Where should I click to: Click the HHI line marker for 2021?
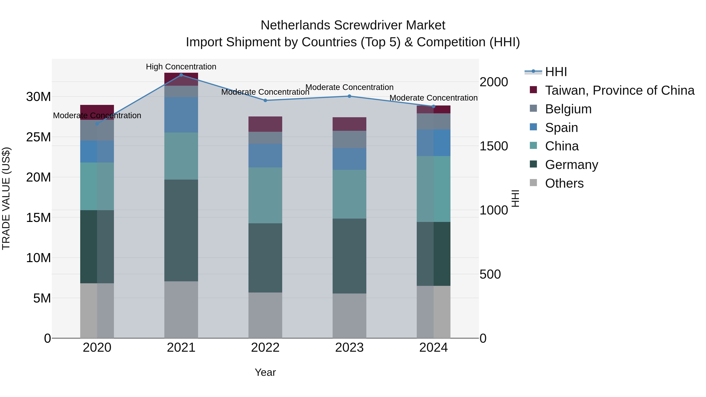181,75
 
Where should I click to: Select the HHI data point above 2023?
349,96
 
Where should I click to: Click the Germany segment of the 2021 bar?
181,230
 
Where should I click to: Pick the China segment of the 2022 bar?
265,195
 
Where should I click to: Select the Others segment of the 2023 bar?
349,316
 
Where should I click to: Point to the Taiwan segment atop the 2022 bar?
265,124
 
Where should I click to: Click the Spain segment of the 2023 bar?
349,159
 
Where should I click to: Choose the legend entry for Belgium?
568,109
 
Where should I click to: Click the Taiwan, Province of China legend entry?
619,90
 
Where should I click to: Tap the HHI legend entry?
556,72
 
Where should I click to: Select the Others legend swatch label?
564,183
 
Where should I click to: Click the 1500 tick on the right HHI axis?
494,146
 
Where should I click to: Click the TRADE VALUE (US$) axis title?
6,198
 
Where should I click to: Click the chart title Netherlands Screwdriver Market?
353,25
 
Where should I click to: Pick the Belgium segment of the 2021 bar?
181,91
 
